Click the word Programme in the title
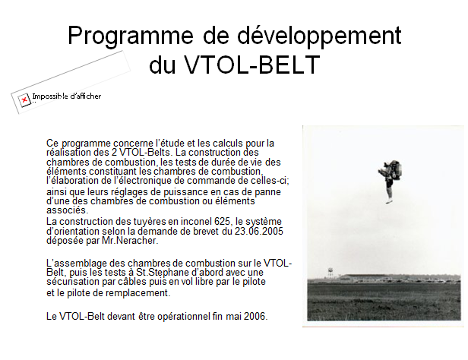click(x=131, y=36)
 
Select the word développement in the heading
click(x=319, y=35)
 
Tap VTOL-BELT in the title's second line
click(x=252, y=65)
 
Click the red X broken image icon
click(x=24, y=99)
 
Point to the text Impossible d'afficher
click(x=67, y=96)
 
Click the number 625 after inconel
click(x=222, y=222)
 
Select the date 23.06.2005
click(x=259, y=231)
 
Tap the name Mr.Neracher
click(x=130, y=241)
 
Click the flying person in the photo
click(x=390, y=182)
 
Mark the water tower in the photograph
click(x=330, y=273)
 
